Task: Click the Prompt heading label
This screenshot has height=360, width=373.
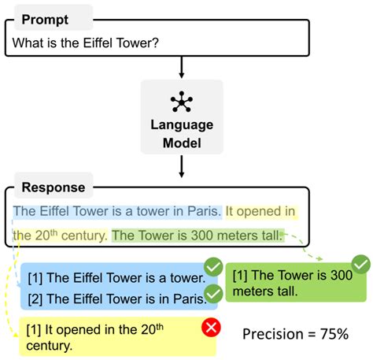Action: click(44, 17)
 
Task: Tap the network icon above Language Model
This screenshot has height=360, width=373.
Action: click(182, 102)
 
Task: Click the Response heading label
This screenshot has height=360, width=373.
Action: click(54, 188)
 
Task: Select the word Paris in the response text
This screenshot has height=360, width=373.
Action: click(202, 211)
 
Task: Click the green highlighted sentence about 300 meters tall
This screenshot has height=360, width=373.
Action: click(197, 235)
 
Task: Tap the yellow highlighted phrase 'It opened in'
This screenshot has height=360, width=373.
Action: click(260, 211)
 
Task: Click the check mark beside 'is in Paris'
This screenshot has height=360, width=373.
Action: click(212, 295)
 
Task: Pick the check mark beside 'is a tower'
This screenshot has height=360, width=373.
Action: click(212, 267)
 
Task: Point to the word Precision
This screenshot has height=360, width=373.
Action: click(273, 334)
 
